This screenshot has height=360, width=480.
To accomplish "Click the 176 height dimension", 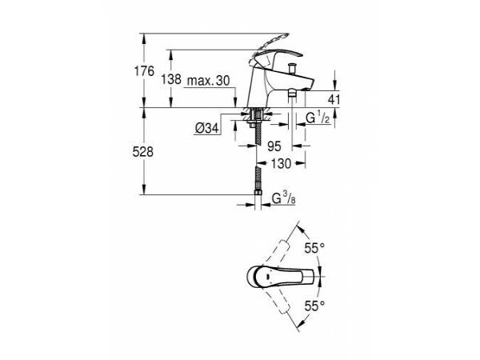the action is [144, 72].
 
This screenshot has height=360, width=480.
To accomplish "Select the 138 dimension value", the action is [171, 79].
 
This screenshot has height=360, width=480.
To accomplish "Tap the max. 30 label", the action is [208, 81].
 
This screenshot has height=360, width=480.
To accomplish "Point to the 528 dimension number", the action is [142, 152].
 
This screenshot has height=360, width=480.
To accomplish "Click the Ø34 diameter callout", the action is [207, 128].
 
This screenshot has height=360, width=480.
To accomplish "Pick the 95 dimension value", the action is [274, 146].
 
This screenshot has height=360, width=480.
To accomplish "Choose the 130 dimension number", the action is [281, 164].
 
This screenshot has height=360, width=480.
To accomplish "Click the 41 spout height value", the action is [334, 99].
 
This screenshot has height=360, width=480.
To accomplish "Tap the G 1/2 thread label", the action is [318, 118].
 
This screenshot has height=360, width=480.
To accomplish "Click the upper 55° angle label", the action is [314, 248].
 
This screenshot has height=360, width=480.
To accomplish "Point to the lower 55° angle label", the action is [314, 306].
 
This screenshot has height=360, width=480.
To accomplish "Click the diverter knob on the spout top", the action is [293, 69].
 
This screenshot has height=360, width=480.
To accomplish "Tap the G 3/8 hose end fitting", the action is [258, 192].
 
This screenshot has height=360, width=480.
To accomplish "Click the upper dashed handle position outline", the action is [274, 253].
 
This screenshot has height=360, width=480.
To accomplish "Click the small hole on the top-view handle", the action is [268, 276].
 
